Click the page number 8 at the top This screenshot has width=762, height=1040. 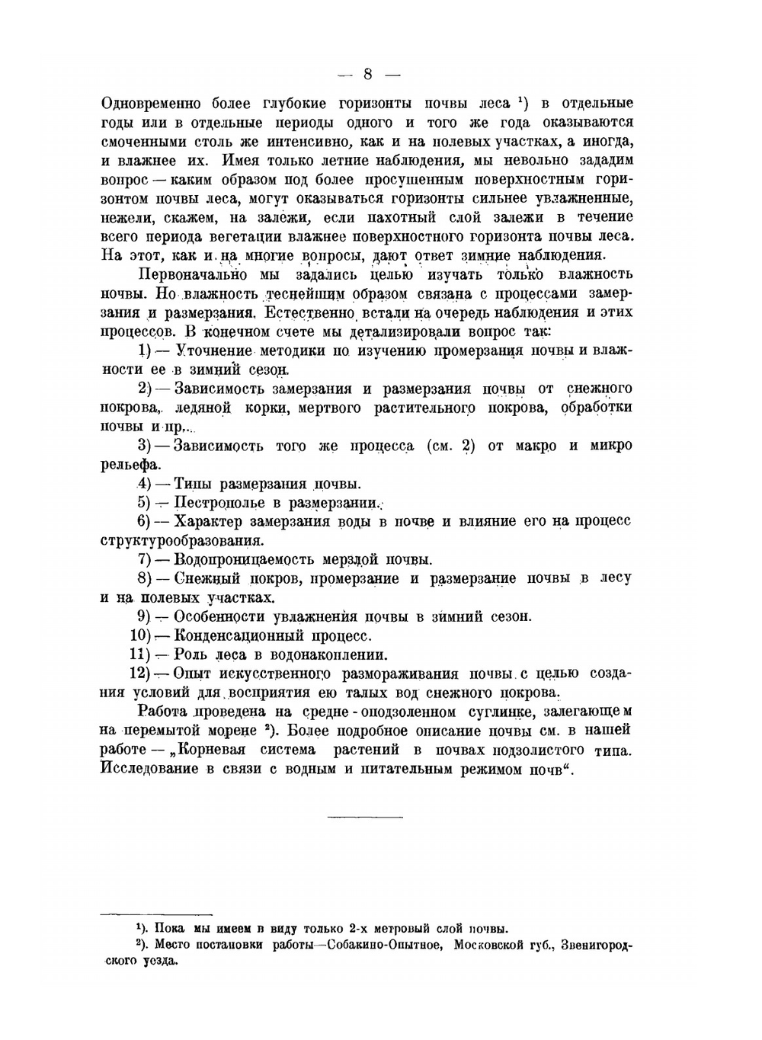pyautogui.click(x=367, y=74)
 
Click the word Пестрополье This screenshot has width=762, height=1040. pyautogui.click(x=219, y=503)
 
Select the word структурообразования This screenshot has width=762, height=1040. pyautogui.click(x=182, y=541)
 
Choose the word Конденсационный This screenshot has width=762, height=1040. pyautogui.click(x=235, y=635)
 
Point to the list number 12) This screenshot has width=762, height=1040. pyautogui.click(x=141, y=674)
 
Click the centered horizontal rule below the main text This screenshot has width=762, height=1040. pyautogui.click(x=365, y=818)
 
